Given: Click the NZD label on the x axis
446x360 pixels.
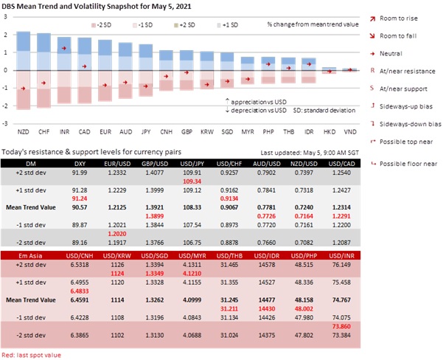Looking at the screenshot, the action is [24, 132].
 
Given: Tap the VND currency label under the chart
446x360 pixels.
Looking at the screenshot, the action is [350, 132].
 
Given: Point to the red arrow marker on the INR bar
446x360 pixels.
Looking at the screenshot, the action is [64, 49].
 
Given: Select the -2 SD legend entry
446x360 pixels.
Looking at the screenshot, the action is [101, 25].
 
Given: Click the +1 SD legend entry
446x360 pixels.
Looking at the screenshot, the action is [228, 25].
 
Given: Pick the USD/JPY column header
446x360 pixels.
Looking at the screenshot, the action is [192, 164].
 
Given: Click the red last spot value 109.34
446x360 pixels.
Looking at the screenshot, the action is [192, 181].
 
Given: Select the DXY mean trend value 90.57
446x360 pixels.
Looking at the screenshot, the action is [80, 207].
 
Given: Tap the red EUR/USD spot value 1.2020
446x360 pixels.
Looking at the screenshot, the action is [117, 234].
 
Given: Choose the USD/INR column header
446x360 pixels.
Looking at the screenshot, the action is [341, 256].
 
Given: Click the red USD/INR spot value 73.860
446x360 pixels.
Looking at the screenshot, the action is [341, 326].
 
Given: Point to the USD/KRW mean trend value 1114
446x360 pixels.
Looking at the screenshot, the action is [117, 300].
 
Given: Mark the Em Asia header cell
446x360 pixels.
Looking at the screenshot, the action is [30, 256].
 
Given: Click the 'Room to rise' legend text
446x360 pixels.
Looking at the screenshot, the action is [399, 18].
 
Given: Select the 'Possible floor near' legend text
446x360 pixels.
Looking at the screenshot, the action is [408, 164].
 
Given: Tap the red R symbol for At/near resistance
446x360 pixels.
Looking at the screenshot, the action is [372, 71].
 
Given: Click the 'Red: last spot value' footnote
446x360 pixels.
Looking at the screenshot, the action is [31, 355].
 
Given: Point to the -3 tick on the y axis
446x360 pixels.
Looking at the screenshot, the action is [5, 123].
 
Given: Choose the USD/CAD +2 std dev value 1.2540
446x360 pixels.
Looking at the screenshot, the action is [341, 173].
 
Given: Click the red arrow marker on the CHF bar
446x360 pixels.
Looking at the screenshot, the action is [43, 83].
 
